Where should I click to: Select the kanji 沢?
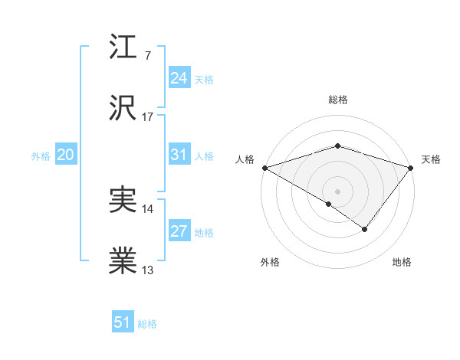coord(123,108)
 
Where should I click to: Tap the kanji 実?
coord(123,200)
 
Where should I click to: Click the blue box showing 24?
coord(179,78)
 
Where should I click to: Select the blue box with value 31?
coord(179,155)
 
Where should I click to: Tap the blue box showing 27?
coord(179,231)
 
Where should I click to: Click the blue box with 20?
coord(65,155)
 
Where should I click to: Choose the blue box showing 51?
coord(123,322)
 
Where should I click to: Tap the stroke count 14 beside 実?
coord(148,208)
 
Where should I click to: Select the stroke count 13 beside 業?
coord(148,270)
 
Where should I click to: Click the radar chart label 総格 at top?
coord(337,100)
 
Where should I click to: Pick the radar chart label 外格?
coord(270,263)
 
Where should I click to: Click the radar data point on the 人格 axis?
coord(264,167)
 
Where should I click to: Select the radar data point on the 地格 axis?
coord(365,229)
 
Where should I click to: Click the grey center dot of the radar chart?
coord(337,191)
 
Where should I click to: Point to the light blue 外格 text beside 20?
coord(41,155)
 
